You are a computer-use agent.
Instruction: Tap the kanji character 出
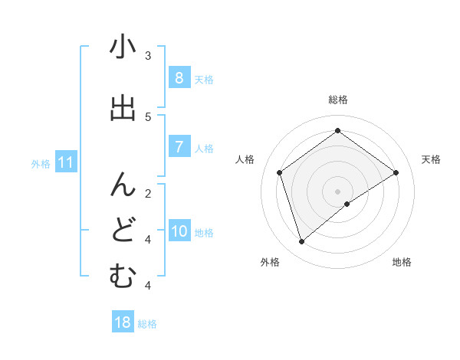coord(123,109)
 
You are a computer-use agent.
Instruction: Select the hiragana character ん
coord(123,184)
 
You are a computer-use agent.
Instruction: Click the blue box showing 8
coord(179,77)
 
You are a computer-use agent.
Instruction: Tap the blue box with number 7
coord(179,147)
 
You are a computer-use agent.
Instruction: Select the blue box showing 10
coord(179,231)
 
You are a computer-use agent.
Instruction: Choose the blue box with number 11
coord(65,162)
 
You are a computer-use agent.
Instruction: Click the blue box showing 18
coord(123,322)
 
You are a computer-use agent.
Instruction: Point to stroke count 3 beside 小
coord(148,55)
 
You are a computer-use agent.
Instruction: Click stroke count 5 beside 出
coord(148,116)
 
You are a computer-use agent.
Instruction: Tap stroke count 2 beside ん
coord(148,193)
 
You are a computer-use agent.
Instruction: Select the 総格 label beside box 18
coord(147,324)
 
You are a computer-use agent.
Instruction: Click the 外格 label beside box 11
coord(41,163)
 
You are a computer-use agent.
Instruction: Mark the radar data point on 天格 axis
coord(396,172)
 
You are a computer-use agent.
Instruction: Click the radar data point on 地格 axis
coord(347,204)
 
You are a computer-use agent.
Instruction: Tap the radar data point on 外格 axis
coord(302,242)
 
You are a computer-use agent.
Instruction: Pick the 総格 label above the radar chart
coord(338,100)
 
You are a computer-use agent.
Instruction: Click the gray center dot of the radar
coord(338,191)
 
